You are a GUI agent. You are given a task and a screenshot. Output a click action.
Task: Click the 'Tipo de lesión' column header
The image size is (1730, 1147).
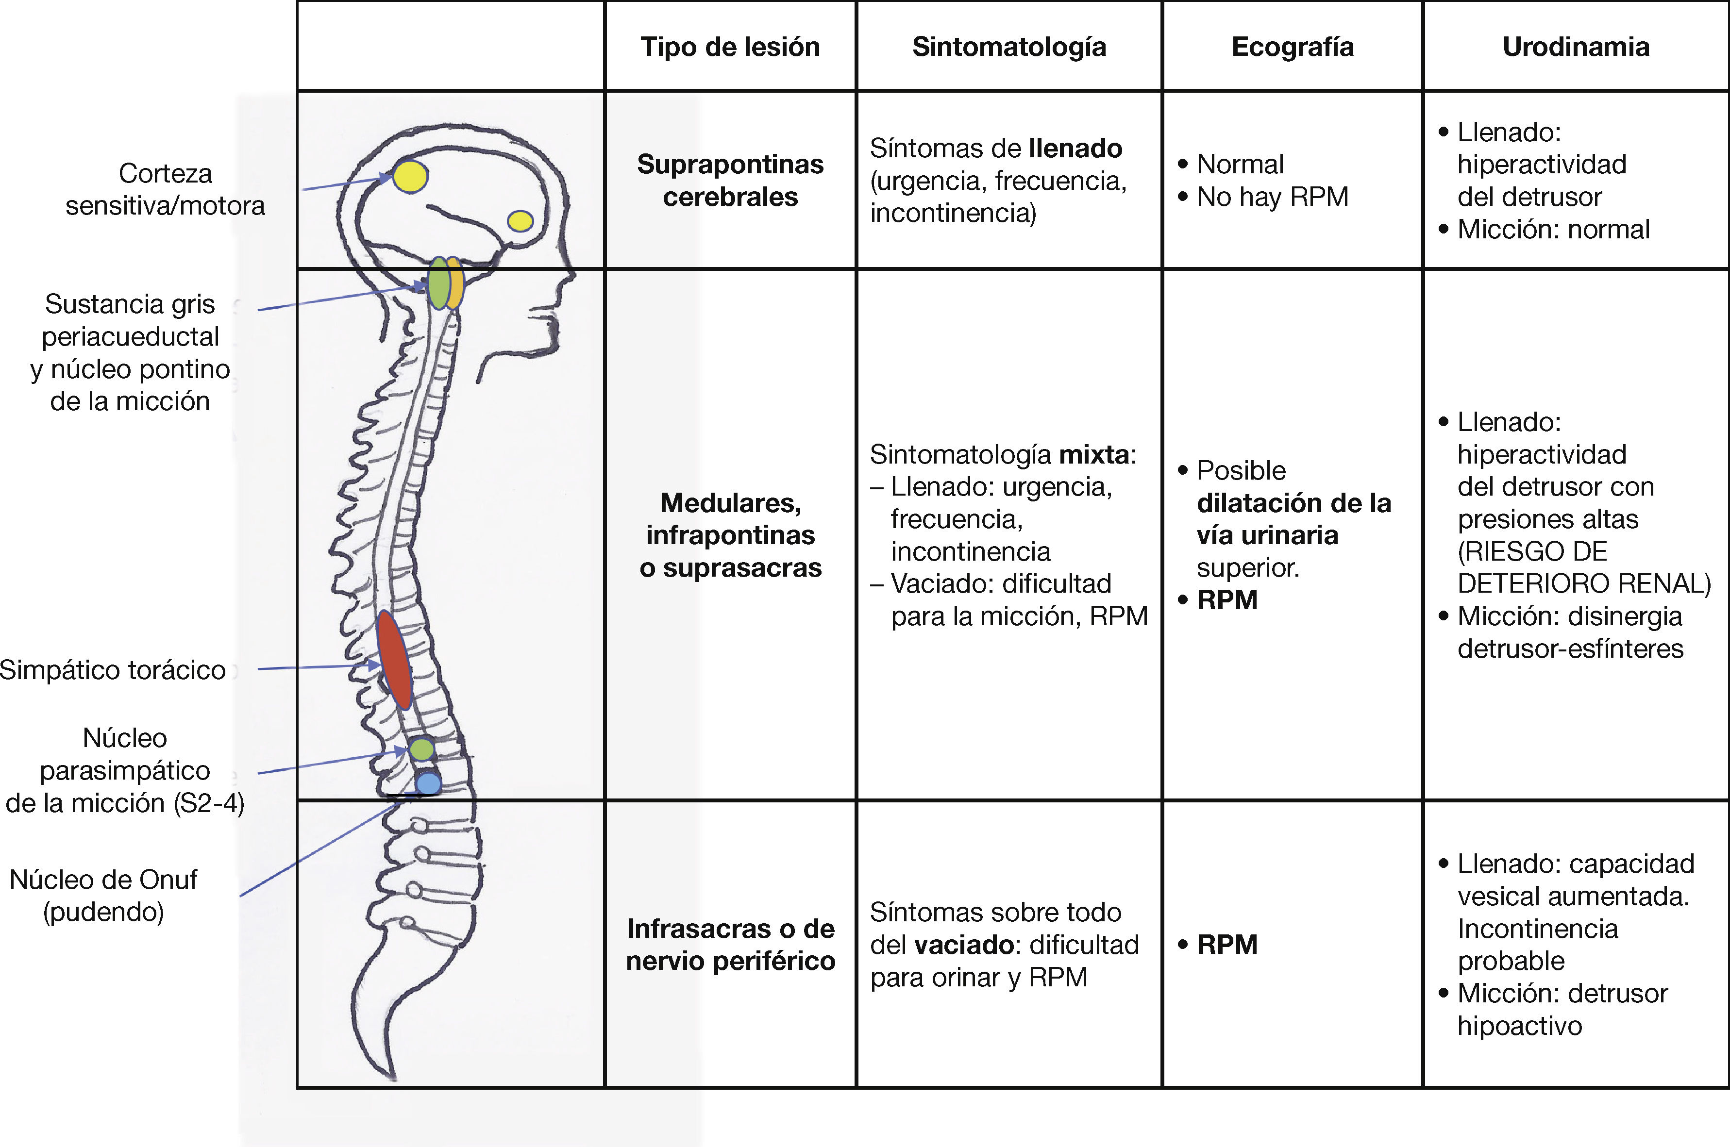(730, 47)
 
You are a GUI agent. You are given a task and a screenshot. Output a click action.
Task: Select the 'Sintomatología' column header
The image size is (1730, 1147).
(1009, 47)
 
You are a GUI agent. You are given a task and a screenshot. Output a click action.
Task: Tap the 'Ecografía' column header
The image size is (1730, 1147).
(1293, 47)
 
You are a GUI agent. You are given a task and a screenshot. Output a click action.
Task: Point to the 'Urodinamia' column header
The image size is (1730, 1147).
(1576, 47)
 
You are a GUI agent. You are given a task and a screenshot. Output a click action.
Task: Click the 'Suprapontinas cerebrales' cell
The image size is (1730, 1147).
(730, 180)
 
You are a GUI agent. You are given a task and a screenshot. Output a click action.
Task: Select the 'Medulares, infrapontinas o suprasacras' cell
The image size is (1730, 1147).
(730, 535)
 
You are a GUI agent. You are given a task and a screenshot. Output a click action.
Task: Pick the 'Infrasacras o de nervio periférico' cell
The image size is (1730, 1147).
(730, 945)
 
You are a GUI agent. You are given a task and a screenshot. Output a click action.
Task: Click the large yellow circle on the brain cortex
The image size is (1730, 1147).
(410, 176)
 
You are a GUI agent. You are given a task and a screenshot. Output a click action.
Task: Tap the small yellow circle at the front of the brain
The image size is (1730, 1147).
(520, 221)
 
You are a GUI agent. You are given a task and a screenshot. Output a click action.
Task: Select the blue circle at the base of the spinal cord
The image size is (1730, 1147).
(428, 783)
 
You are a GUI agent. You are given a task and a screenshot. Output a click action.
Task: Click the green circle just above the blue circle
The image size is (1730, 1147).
(421, 749)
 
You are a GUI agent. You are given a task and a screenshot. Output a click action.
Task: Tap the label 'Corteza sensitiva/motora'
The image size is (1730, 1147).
(165, 189)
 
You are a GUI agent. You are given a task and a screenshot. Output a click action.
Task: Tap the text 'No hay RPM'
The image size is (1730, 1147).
(1272, 197)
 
